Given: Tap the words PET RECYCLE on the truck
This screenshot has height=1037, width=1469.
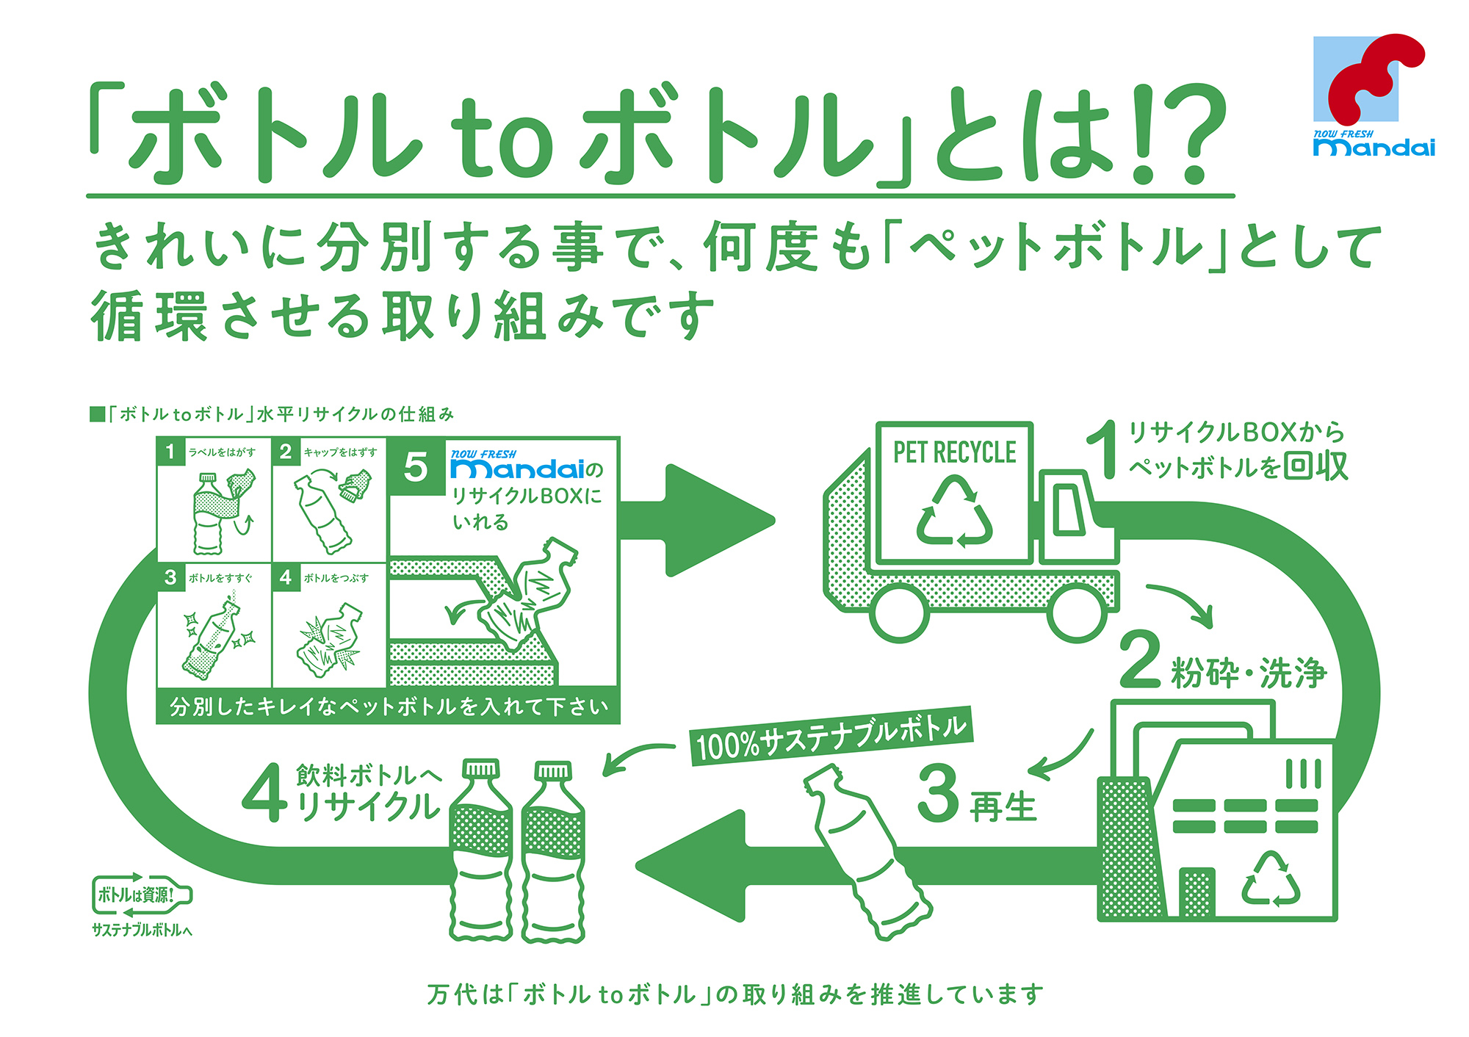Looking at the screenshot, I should (954, 452).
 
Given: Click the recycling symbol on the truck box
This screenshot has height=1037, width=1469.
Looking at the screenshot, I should (954, 512).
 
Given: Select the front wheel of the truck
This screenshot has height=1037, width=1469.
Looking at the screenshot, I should (1077, 614).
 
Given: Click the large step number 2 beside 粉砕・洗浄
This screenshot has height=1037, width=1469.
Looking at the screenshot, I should (1140, 660).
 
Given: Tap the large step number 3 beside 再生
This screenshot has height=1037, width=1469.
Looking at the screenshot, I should (938, 793).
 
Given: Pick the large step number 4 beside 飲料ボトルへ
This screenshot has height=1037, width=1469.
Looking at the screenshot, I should (264, 793).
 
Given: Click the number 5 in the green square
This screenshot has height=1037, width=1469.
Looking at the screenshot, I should (416, 467).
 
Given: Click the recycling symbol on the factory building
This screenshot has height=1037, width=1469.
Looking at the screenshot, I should (1270, 879).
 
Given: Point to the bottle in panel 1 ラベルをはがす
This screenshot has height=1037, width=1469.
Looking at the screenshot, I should (209, 514).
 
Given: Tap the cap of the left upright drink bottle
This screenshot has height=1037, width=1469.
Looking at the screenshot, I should (480, 770).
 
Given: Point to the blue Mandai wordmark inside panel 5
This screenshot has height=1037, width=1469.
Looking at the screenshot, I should (519, 469).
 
